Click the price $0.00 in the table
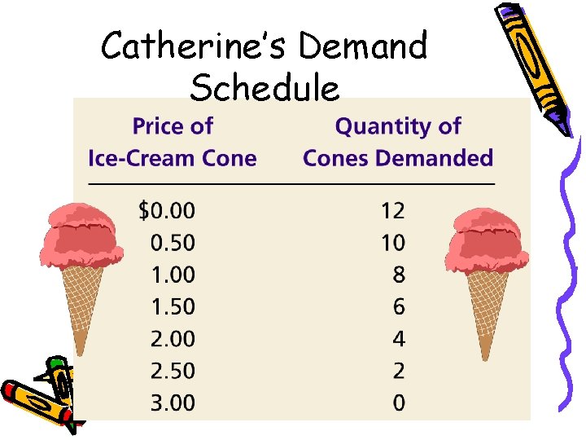(x=167, y=211)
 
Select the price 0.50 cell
(x=173, y=243)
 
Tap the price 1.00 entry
(x=173, y=275)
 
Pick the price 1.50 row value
(x=173, y=306)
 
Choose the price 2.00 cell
(x=173, y=338)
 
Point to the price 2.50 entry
(x=173, y=371)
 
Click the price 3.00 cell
(x=173, y=403)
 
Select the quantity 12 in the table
(x=392, y=211)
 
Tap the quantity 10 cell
(x=392, y=243)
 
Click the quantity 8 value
(x=398, y=275)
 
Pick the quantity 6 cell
(x=398, y=306)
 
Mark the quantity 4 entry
(x=398, y=338)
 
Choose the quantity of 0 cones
(x=398, y=403)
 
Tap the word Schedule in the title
(x=265, y=87)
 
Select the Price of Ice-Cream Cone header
(x=172, y=142)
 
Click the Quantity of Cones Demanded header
(x=398, y=142)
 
